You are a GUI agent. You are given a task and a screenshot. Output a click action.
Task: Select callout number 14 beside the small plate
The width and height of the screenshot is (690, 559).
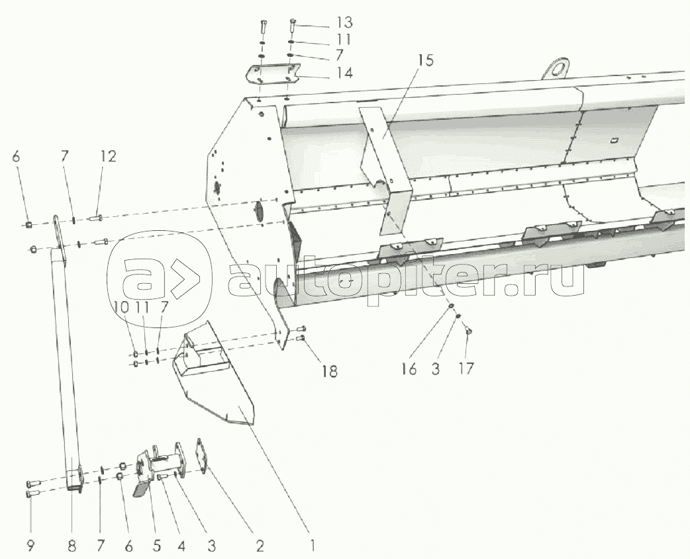point(344,73)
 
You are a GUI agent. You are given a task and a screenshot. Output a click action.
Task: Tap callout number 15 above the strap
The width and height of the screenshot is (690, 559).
point(425,62)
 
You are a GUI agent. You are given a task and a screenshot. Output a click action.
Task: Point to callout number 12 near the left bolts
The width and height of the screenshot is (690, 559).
point(108,157)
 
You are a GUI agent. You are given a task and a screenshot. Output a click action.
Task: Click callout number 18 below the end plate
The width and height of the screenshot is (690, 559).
point(328,371)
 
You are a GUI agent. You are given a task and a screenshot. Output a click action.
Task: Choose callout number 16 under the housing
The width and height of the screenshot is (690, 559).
point(409,368)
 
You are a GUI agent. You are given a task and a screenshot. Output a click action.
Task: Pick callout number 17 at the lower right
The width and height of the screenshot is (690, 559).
point(466,368)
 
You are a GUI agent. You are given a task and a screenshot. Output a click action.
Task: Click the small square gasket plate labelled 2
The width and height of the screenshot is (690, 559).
point(201,455)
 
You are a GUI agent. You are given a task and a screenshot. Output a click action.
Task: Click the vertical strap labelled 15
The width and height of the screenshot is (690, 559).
point(391,172)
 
